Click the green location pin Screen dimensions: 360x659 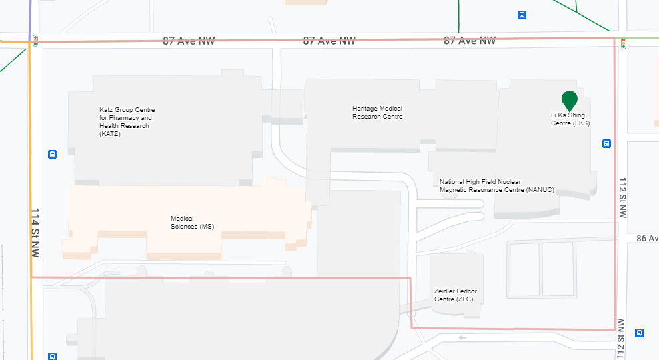click(x=569, y=100)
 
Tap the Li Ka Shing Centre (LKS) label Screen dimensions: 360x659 click(x=570, y=119)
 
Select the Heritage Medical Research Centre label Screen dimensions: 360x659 click(x=377, y=113)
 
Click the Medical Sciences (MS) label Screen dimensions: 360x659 click(x=192, y=223)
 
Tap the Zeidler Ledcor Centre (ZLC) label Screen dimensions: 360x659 click(x=455, y=295)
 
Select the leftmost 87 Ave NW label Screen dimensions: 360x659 click(x=189, y=41)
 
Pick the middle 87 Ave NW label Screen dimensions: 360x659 click(x=329, y=41)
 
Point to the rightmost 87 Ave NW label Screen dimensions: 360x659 click(x=470, y=41)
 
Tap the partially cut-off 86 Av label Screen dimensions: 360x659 click(x=647, y=238)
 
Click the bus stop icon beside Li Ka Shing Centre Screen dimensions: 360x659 click(x=607, y=143)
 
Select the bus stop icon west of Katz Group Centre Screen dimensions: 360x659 click(x=52, y=155)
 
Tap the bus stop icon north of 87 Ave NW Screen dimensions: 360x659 click(x=522, y=15)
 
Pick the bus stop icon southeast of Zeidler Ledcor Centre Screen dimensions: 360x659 click(x=639, y=333)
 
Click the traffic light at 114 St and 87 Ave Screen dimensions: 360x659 click(x=35, y=40)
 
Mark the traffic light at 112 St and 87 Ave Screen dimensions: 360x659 click(x=624, y=43)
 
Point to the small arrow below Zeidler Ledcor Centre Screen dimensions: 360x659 click(x=462, y=337)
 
